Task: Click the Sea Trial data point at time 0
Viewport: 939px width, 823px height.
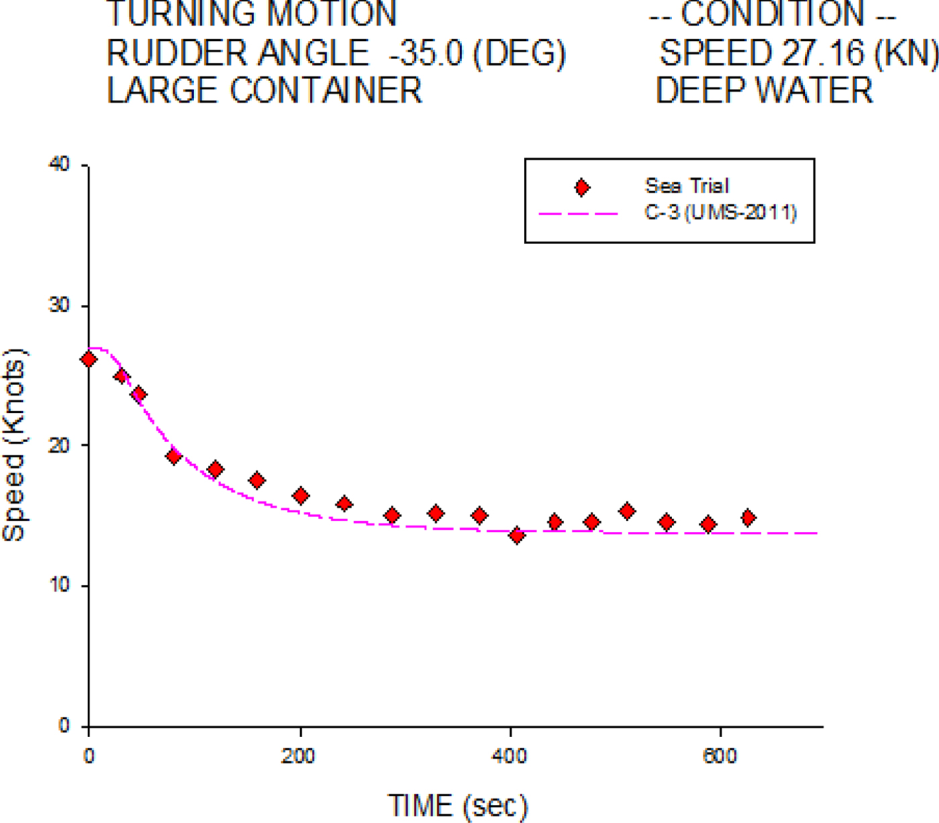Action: click(89, 360)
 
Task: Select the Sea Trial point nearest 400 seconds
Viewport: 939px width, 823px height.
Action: click(516, 535)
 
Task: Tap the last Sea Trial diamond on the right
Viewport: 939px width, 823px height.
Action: click(749, 518)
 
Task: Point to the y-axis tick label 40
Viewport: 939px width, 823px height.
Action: click(60, 164)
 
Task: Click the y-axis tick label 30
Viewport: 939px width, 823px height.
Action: click(60, 305)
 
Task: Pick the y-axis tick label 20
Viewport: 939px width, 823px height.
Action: click(60, 445)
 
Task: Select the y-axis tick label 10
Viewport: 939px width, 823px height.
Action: click(60, 585)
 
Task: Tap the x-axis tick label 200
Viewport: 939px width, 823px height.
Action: click(298, 757)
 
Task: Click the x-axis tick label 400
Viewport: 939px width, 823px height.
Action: click(509, 757)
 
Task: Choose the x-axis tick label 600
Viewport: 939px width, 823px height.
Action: click(720, 757)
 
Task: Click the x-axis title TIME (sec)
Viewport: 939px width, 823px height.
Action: click(457, 805)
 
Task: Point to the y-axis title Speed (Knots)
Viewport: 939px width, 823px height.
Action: click(13, 445)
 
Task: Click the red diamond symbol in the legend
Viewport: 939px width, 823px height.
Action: click(582, 188)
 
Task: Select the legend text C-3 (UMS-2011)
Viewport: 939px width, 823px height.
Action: click(721, 213)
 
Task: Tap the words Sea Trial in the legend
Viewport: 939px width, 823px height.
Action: click(687, 186)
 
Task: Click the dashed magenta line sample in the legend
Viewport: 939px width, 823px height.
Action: click(578, 214)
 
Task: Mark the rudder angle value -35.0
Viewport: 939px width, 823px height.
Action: click(426, 54)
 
